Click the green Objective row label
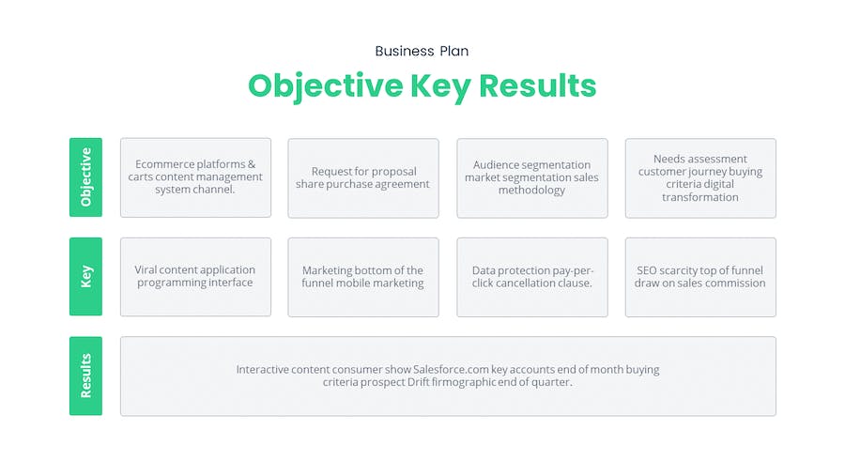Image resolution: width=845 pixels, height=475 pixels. coord(85,177)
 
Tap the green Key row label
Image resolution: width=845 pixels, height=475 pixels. coord(85,276)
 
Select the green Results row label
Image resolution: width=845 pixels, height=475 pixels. coord(85,375)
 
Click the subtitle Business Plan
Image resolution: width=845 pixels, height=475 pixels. coord(422,52)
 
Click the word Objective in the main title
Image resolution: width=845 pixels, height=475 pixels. coord(326,86)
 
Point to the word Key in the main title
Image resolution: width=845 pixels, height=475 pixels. coord(440,86)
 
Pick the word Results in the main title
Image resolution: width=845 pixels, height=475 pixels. coord(537,85)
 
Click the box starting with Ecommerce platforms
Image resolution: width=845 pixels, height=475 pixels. coord(195,177)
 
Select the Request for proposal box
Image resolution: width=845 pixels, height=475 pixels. coord(363,178)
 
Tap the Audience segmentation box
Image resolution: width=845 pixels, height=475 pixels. coord(532,178)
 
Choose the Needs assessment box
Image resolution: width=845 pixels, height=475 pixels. coord(700,178)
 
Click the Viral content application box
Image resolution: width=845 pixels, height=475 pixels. coord(195,277)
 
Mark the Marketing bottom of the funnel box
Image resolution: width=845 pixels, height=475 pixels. coord(363,277)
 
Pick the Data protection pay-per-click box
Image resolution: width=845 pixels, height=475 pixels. coord(532,277)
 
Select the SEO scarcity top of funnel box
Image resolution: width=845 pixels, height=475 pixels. coord(700,277)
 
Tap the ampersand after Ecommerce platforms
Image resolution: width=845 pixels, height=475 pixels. coord(252,163)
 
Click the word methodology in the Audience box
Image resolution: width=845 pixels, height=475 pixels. coord(532,191)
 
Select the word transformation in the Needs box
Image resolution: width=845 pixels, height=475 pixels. coord(700,197)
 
